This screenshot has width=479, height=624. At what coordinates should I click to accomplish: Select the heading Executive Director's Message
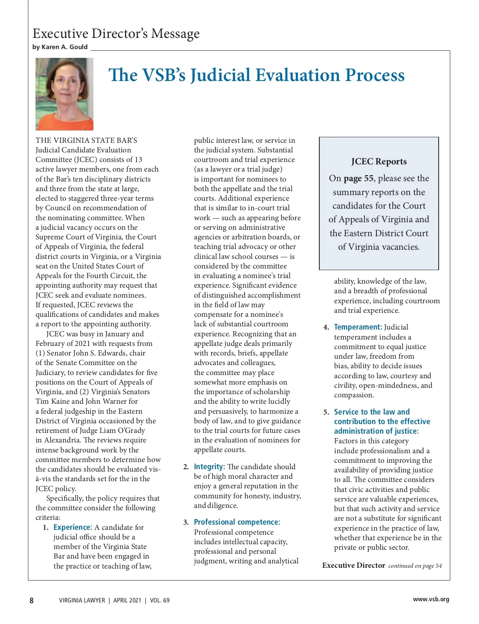coord(116,34)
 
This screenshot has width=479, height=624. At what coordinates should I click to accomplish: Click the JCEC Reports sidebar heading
coord(379,162)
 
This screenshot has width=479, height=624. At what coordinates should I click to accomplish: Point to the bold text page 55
coord(358,178)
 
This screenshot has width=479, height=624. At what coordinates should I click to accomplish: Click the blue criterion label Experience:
coord(73,527)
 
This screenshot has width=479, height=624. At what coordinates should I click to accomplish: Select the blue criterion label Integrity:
coord(209,467)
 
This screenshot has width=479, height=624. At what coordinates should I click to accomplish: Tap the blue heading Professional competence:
coord(237,522)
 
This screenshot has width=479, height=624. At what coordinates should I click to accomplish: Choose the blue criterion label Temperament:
coord(358,327)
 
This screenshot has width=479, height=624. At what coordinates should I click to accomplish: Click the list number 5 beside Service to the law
coord(326,412)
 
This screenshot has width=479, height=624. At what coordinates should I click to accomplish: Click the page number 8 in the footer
coord(32,600)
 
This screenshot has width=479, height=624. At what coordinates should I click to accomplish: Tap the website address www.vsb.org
coord(431,599)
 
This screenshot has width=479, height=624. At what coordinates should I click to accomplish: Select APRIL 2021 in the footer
coord(127,600)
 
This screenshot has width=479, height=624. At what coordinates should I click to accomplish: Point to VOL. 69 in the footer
coord(160,600)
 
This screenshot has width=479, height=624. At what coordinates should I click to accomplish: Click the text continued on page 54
coord(415,566)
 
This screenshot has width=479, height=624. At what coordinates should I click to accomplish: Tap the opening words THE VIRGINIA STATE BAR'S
coord(86,140)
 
